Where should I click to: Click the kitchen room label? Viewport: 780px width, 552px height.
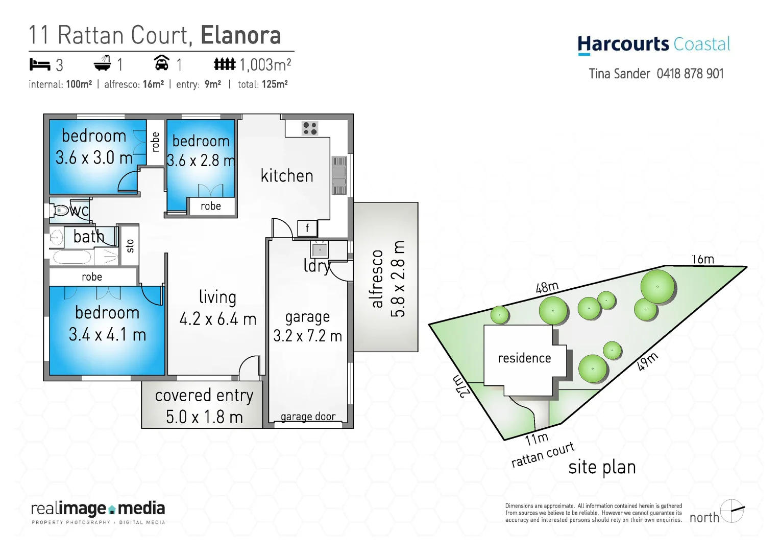pyautogui.click(x=287, y=176)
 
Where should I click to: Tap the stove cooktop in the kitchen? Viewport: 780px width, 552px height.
pyautogui.click(x=309, y=128)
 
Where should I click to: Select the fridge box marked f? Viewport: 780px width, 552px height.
pyautogui.click(x=307, y=228)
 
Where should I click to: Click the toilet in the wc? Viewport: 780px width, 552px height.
pyautogui.click(x=61, y=210)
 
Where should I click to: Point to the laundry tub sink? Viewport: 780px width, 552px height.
pyautogui.click(x=320, y=250)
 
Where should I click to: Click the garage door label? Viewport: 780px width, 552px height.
pyautogui.click(x=308, y=417)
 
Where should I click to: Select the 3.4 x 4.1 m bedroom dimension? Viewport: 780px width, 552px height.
pyautogui.click(x=107, y=335)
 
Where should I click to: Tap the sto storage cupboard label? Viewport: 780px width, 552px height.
pyautogui.click(x=130, y=246)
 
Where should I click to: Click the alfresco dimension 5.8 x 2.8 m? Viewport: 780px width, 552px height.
pyautogui.click(x=398, y=279)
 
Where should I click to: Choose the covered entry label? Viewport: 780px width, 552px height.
pyautogui.click(x=204, y=396)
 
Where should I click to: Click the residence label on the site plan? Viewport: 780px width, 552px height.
pyautogui.click(x=524, y=358)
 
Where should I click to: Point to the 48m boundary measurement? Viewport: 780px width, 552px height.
pyautogui.click(x=547, y=288)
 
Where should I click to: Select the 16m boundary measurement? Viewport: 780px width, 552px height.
pyautogui.click(x=702, y=260)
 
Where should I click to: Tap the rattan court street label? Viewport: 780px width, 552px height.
pyautogui.click(x=543, y=454)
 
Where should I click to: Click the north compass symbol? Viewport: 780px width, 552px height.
pyautogui.click(x=732, y=511)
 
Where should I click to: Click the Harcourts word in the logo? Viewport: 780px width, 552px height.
pyautogui.click(x=623, y=44)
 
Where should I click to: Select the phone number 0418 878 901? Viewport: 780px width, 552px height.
pyautogui.click(x=690, y=74)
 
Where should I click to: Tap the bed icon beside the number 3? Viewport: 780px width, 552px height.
pyautogui.click(x=39, y=65)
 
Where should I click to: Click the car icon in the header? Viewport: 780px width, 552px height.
pyautogui.click(x=161, y=64)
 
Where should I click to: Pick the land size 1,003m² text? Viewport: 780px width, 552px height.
pyautogui.click(x=265, y=65)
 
